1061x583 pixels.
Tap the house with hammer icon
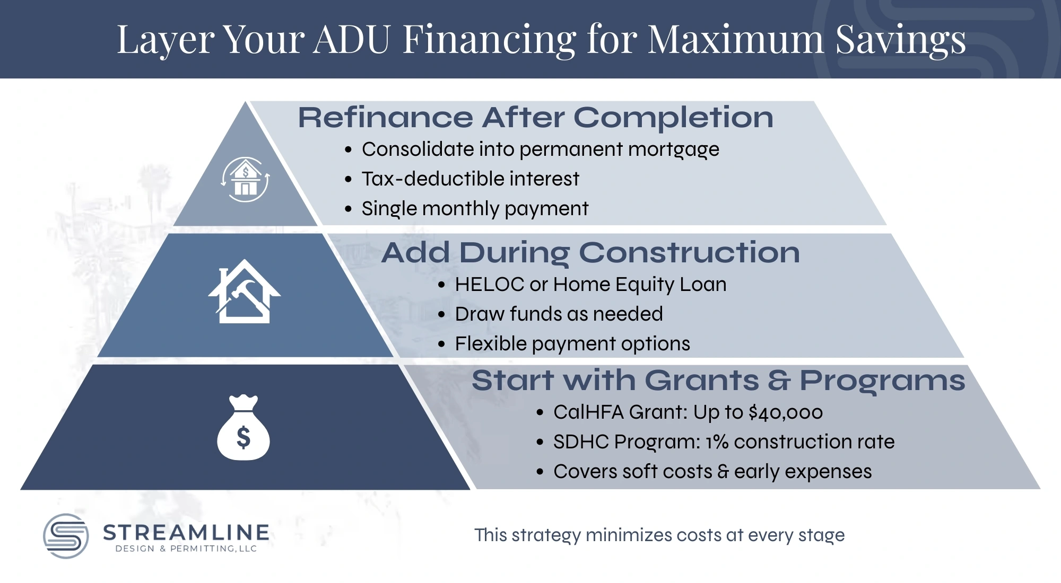point(245,292)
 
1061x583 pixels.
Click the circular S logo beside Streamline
point(66,536)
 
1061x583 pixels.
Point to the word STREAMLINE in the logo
point(186,532)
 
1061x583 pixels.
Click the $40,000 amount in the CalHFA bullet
point(785,412)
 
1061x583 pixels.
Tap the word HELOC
point(489,285)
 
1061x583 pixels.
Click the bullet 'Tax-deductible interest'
point(470,179)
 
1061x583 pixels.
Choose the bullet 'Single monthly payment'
point(475,209)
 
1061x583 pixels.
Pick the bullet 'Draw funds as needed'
point(559,314)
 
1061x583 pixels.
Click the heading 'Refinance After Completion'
point(535,117)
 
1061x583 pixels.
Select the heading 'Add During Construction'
point(590,252)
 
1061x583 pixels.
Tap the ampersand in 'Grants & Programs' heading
point(779,381)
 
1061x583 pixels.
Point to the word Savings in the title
point(900,39)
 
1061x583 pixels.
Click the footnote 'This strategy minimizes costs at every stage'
point(659,535)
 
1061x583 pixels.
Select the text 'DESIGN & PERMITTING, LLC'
point(186,549)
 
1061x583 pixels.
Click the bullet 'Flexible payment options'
point(572,344)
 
